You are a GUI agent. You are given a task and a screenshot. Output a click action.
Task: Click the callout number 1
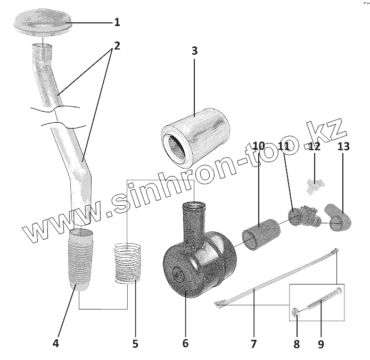(x=117, y=22)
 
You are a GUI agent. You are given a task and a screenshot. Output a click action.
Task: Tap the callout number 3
(x=194, y=51)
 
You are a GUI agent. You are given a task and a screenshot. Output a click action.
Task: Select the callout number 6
(x=185, y=344)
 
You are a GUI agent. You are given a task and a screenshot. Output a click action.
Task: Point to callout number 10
(x=259, y=146)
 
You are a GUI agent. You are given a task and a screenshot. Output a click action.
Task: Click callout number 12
(x=315, y=146)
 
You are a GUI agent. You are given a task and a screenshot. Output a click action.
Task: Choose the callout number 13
(x=343, y=146)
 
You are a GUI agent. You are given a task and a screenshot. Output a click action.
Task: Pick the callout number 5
(x=135, y=344)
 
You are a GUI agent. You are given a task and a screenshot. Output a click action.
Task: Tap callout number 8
(x=297, y=344)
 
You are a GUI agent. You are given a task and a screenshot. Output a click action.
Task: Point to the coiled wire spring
(x=128, y=261)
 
